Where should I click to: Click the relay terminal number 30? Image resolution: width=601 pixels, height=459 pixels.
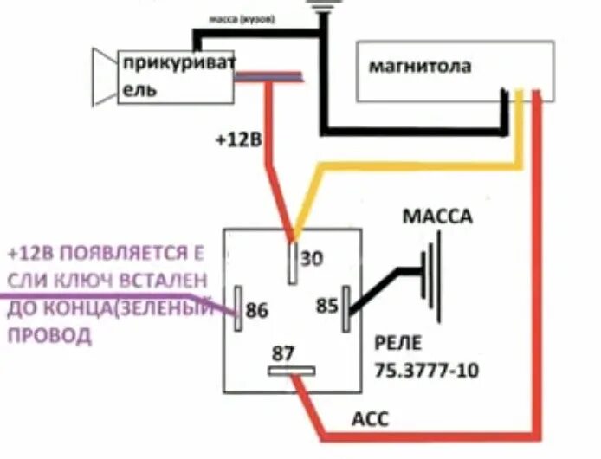point(312,257)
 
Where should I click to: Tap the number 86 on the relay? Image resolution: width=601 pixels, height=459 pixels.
point(259,310)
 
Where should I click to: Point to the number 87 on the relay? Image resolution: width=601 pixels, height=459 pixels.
point(283,353)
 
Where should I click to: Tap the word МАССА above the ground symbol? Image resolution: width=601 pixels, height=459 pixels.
point(438,217)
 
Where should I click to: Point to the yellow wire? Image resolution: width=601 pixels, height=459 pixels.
point(407,164)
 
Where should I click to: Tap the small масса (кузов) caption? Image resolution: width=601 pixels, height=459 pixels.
point(243,19)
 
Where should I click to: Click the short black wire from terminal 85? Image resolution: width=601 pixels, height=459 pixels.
point(381,283)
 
